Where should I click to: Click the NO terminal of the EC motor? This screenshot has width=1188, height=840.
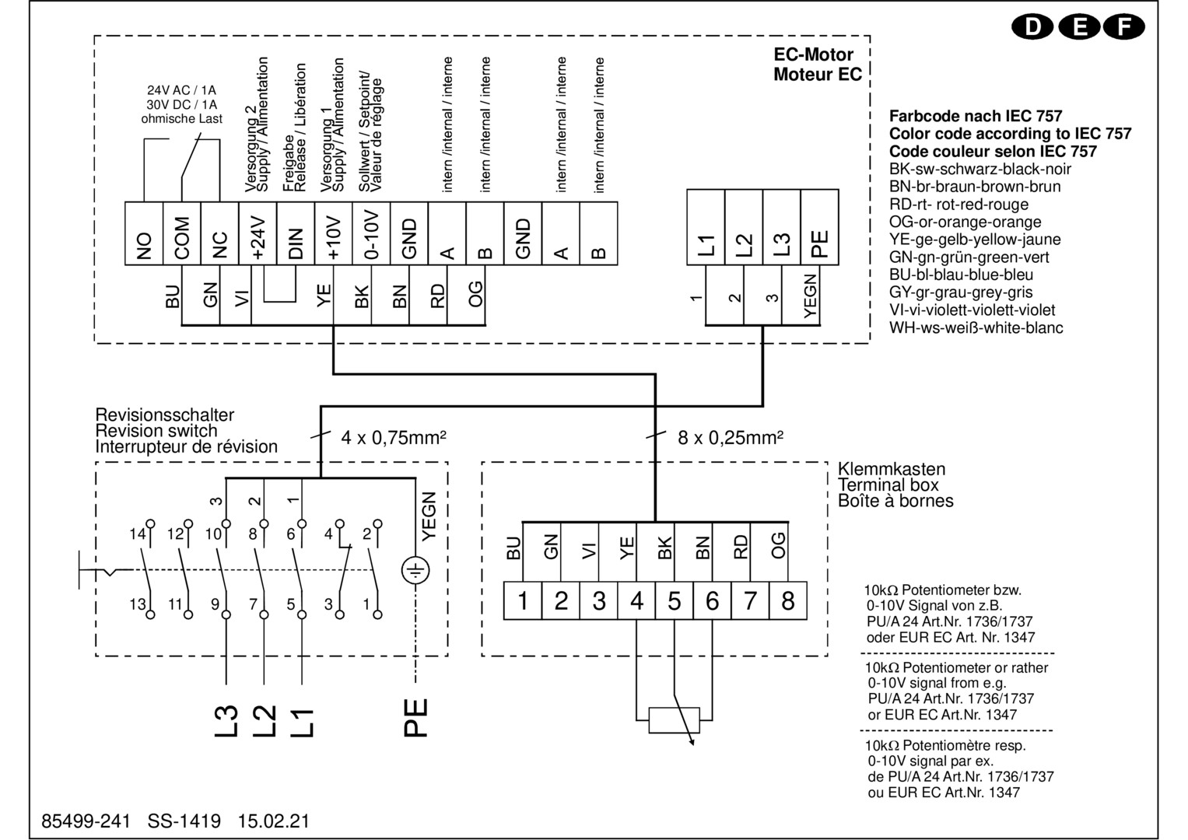pos(144,233)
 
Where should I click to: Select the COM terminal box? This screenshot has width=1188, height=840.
pos(182,233)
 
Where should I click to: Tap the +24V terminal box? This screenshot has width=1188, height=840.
pos(258,233)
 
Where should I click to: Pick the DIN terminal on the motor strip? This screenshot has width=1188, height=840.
pos(296,233)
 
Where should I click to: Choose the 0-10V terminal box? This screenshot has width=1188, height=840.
pos(372,233)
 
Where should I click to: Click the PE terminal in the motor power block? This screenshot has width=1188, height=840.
pos(819,228)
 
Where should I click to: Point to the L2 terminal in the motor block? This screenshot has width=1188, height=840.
pos(744,228)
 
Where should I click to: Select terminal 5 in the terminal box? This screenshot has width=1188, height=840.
pos(675,601)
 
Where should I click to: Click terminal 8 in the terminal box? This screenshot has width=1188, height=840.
pos(788,601)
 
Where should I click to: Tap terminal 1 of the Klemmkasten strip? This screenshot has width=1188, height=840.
pos(523,601)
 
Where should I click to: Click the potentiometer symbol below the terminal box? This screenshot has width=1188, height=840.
pos(675,719)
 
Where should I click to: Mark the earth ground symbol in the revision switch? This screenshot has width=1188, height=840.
pos(415,572)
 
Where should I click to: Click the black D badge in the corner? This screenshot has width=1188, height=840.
pos(1033,27)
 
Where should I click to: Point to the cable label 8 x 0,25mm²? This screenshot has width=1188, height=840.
pos(730,437)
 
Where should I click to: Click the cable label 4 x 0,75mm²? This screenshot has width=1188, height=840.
pos(394,437)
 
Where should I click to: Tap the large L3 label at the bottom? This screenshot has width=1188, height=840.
pos(226,719)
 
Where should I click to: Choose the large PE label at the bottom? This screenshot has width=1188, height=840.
pos(416,717)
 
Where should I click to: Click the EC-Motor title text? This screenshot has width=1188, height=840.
pos(813,55)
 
